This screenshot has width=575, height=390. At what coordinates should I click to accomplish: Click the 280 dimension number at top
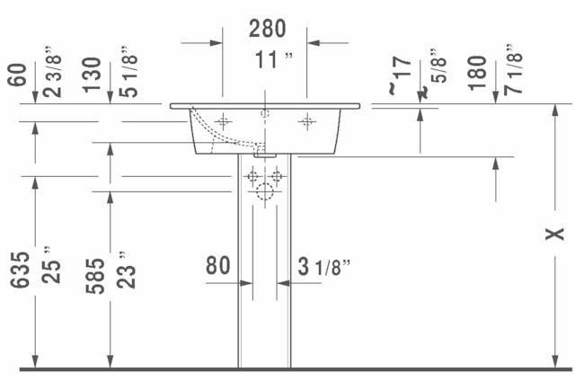[x=268, y=29]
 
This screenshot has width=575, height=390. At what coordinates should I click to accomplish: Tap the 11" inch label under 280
[x=274, y=60]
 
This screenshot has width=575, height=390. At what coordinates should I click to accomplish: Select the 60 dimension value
[x=17, y=75]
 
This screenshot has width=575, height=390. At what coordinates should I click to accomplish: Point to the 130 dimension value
[x=92, y=75]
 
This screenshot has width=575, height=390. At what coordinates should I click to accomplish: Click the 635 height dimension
[x=20, y=270]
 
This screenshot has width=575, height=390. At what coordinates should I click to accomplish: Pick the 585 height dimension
[x=95, y=276]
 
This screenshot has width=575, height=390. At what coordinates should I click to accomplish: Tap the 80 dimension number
[x=217, y=266]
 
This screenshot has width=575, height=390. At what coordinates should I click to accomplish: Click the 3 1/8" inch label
[x=323, y=267]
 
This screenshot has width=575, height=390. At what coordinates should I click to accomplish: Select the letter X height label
[x=554, y=234]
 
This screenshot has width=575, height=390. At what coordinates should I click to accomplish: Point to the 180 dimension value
[x=477, y=73]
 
